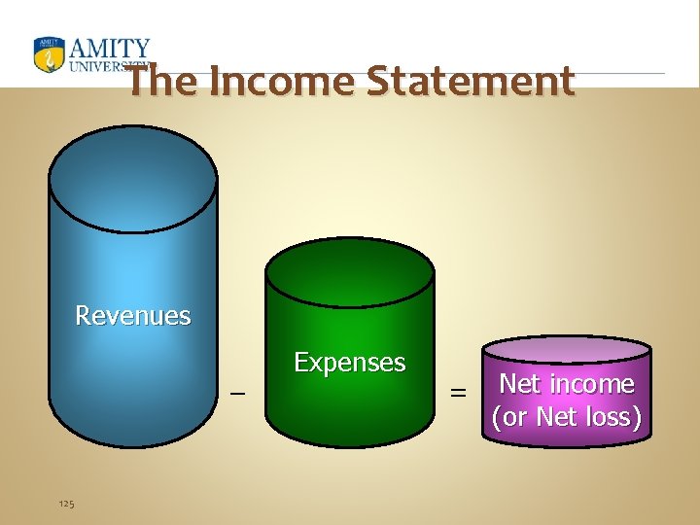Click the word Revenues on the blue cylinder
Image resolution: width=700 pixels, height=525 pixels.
point(133,315)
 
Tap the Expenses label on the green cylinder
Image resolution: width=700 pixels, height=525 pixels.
point(349,363)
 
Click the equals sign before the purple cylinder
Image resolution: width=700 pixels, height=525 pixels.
point(457,394)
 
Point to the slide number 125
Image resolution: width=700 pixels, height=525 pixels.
point(67,503)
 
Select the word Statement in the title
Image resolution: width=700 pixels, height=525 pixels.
point(471,82)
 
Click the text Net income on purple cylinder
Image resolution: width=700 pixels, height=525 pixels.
point(566,384)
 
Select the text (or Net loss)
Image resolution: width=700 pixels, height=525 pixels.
point(567,417)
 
